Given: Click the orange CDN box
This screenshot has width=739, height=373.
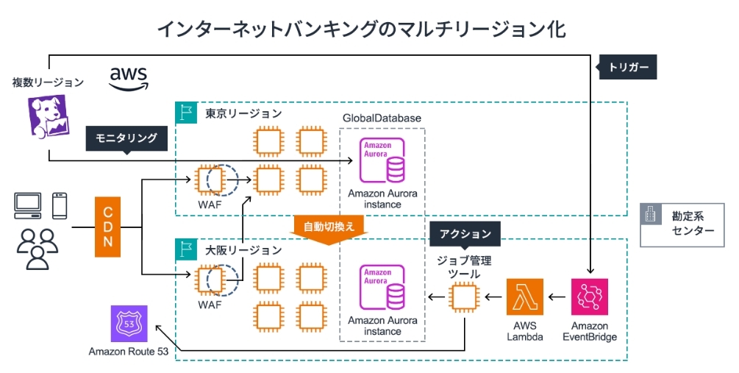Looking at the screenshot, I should coord(108,227).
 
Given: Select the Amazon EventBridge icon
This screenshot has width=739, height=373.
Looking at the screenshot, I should coord(589,297).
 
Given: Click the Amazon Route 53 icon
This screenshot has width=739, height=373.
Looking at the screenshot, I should coord(129,324).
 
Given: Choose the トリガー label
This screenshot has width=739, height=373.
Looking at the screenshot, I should coord(629,67).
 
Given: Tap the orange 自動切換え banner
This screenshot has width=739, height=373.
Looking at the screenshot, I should coord(324,227).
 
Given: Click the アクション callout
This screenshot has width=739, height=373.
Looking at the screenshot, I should coord(465,234).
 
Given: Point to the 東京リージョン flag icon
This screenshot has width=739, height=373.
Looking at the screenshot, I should coord(183,113).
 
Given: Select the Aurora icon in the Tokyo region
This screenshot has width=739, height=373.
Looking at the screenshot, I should coord(382,160).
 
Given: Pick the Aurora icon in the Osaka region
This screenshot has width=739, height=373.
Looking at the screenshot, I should coord(382,287).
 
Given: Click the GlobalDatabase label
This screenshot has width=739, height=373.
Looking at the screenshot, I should coord(382,118).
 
